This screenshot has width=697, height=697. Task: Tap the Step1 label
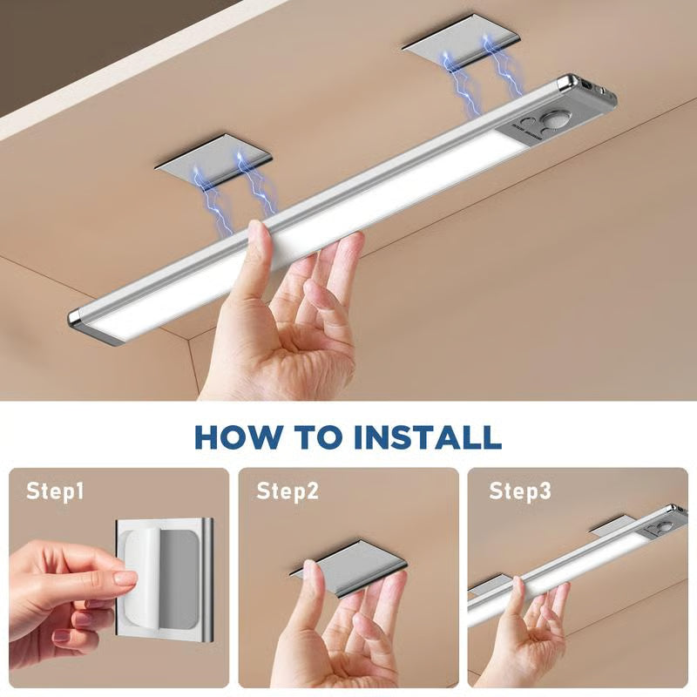(55, 491)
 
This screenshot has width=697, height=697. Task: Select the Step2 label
(288, 491)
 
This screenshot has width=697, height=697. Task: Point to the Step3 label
(519, 491)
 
